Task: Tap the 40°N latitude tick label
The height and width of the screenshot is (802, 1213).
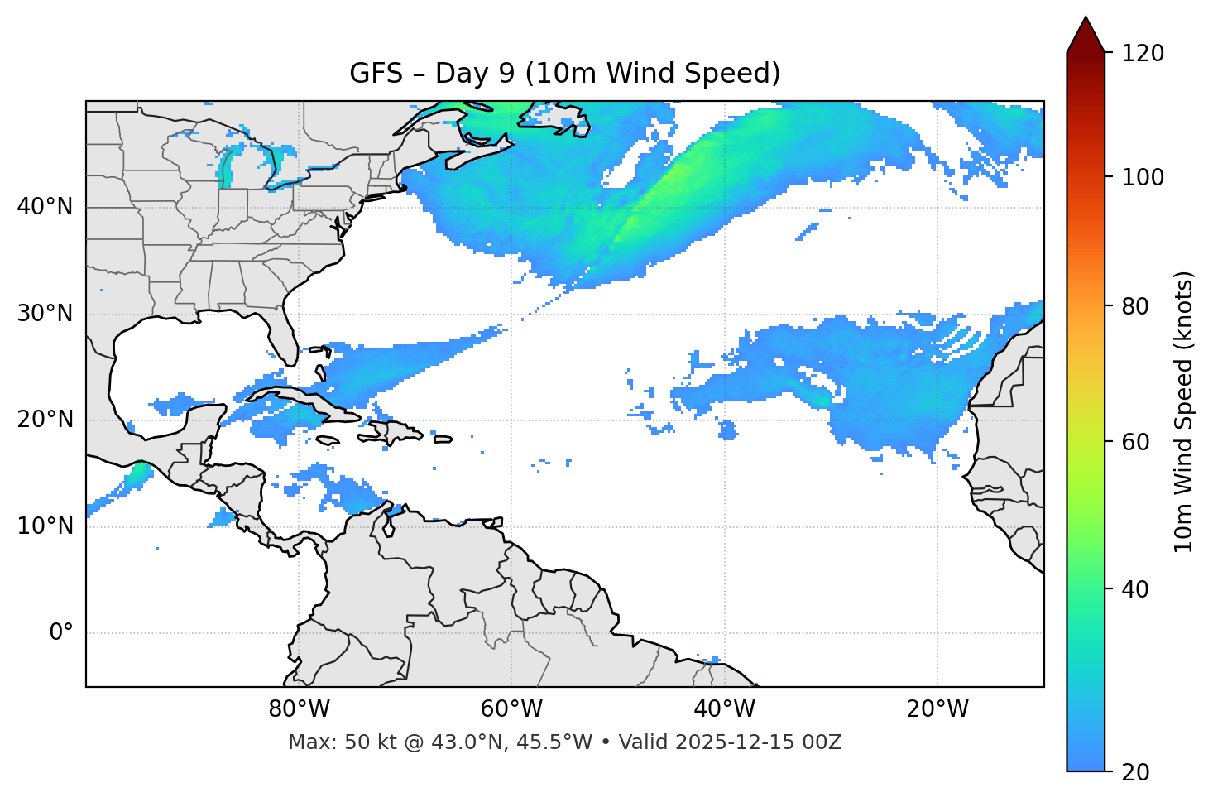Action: coord(45,207)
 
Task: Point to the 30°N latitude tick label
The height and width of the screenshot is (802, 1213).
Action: coord(45,314)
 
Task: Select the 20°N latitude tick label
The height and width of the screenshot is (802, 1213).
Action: coord(45,420)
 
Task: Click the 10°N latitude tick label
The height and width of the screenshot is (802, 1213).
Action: coord(45,526)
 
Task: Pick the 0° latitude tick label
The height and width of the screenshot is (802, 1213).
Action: coord(60,633)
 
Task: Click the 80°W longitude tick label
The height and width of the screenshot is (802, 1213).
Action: coord(299,709)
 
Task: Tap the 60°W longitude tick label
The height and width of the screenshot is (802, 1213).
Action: coord(511,709)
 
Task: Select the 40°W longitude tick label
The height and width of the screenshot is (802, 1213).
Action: coord(724,709)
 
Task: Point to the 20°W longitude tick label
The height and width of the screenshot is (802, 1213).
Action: coord(937,709)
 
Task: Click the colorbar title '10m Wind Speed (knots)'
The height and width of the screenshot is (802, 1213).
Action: coord(1184,411)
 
